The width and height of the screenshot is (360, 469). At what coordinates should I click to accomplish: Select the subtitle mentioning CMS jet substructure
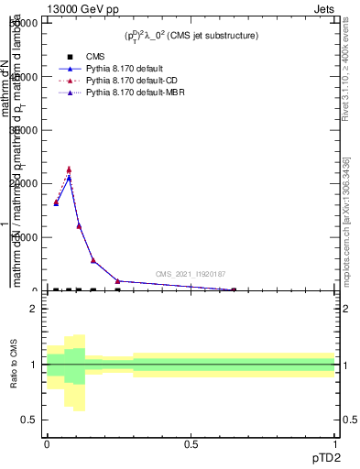(191, 36)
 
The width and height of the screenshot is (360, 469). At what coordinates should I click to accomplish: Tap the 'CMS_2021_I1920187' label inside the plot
(190, 274)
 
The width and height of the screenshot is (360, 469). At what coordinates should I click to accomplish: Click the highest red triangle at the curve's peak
(69, 169)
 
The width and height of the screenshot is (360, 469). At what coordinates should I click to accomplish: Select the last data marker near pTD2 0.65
(233, 290)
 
